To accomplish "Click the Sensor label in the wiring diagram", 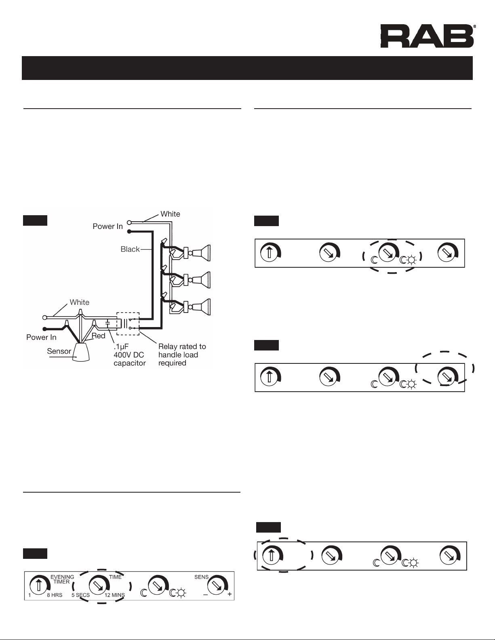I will [x=59, y=351].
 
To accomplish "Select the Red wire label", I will [x=98, y=336].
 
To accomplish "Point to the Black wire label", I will [x=130, y=249].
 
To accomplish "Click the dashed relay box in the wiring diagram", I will [x=128, y=323].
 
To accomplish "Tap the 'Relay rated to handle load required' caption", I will [x=182, y=355].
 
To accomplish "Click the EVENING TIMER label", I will [x=62, y=579].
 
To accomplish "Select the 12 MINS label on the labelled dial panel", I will [x=115, y=595].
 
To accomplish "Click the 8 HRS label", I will [x=54, y=595].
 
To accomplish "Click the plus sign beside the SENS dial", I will [x=230, y=595].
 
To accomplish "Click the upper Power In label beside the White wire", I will [x=107, y=227].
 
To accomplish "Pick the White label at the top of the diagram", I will [x=170, y=214].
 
